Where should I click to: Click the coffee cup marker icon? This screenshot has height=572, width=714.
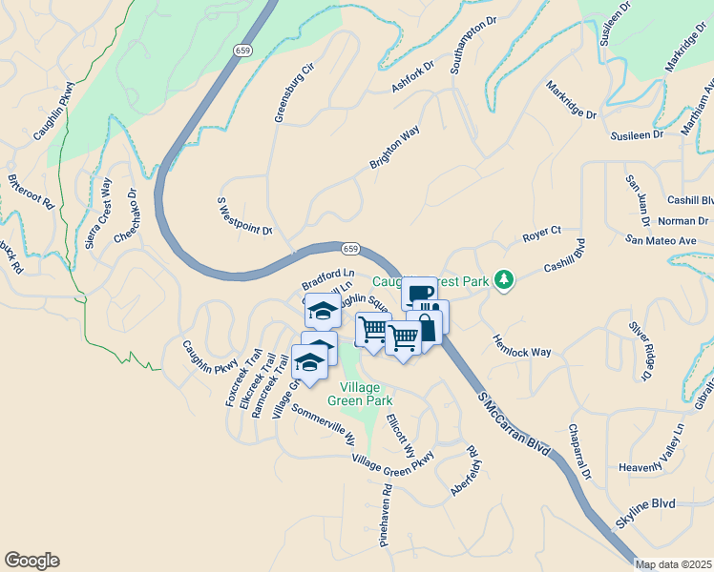(x=418, y=293)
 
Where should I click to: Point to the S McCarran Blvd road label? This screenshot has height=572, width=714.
(x=514, y=424)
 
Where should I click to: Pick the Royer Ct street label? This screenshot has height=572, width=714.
(x=541, y=234)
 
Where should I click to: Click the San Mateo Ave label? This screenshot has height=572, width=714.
(x=661, y=241)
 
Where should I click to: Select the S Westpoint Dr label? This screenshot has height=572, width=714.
(x=245, y=217)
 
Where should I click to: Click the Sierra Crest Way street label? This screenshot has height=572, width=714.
(x=99, y=214)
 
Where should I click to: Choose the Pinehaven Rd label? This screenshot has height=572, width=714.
(x=385, y=519)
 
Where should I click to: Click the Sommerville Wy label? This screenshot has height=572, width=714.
(x=324, y=426)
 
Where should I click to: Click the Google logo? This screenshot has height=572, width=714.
(x=31, y=561)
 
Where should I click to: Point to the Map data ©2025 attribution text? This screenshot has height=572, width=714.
(x=673, y=564)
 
